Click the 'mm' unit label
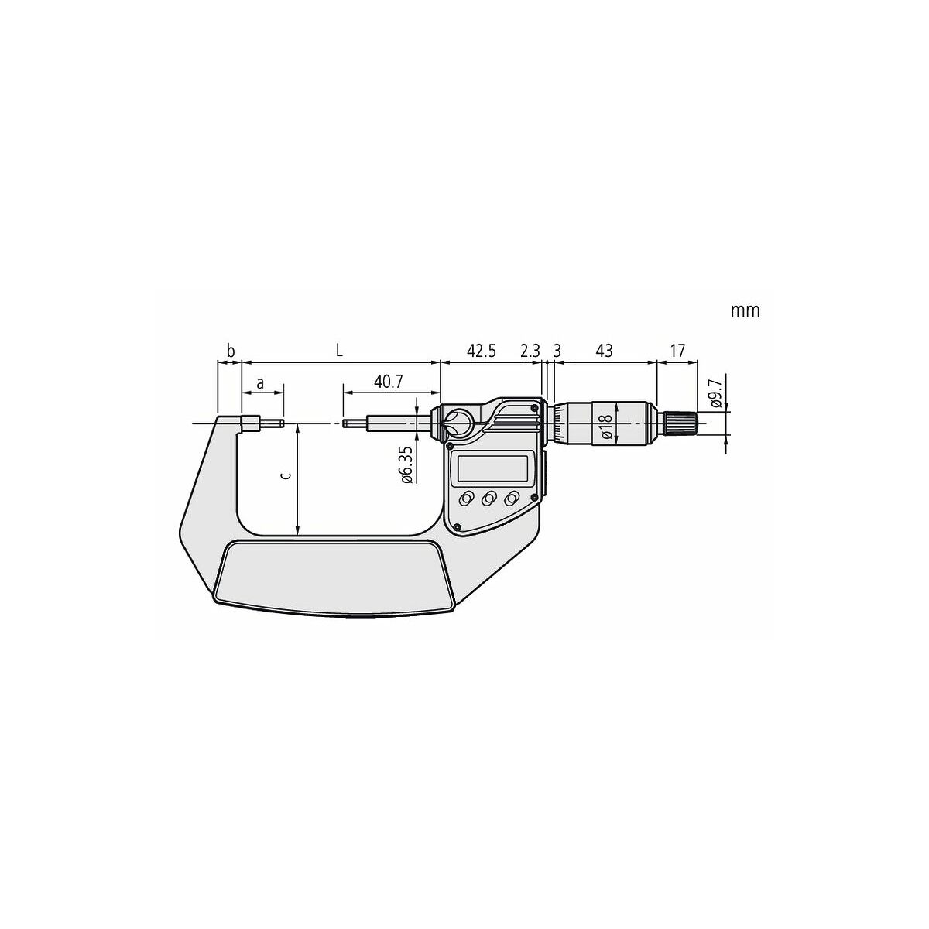pos(745,311)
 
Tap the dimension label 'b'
pos(231,351)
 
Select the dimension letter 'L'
pos(339,351)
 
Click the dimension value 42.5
pos(481,351)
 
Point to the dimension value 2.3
pos(530,351)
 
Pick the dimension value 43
pos(604,351)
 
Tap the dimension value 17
pos(677,351)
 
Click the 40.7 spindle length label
pos(388,382)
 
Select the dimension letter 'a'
pos(260,384)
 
